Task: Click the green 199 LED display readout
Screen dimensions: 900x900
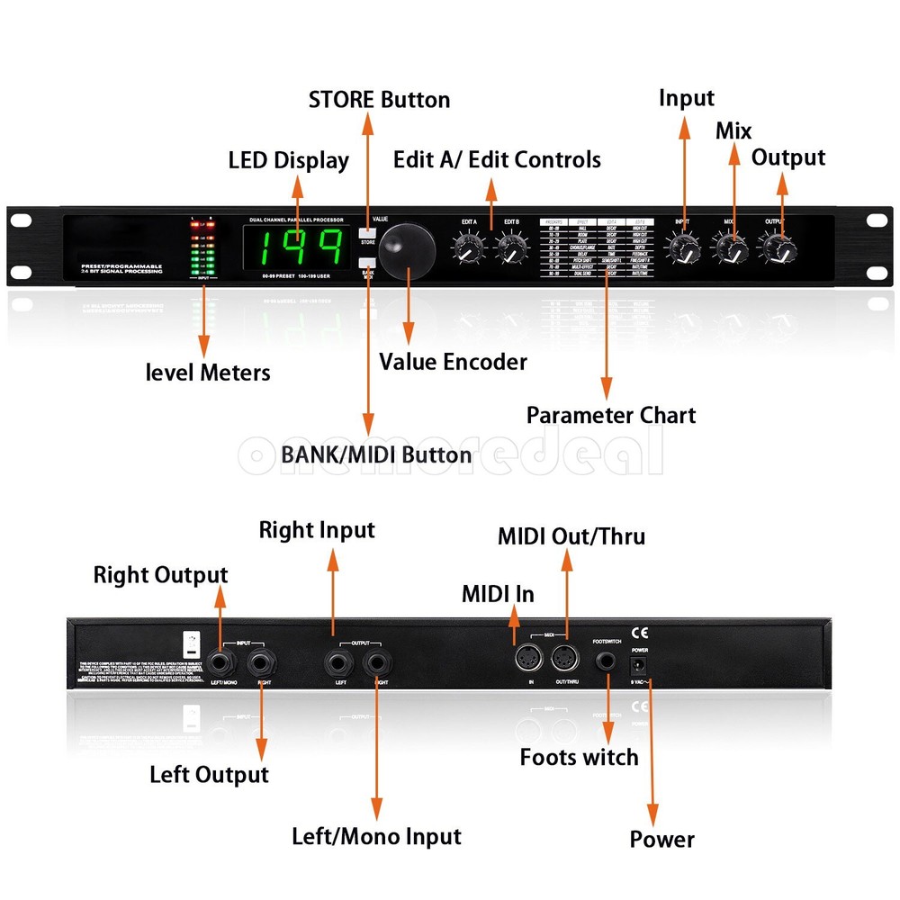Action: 297,247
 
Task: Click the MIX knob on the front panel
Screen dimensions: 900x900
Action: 731,247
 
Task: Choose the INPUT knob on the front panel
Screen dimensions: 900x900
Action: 684,247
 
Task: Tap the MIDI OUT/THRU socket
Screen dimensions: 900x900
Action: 564,660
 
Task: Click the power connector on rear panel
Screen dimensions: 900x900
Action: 640,665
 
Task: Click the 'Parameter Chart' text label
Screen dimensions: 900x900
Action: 610,415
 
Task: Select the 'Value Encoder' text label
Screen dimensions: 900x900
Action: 453,362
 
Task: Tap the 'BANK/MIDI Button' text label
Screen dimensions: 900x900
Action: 376,454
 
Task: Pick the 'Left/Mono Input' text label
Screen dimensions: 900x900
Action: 376,836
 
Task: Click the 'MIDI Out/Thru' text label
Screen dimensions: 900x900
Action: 571,536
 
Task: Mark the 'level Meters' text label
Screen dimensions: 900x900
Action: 208,371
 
